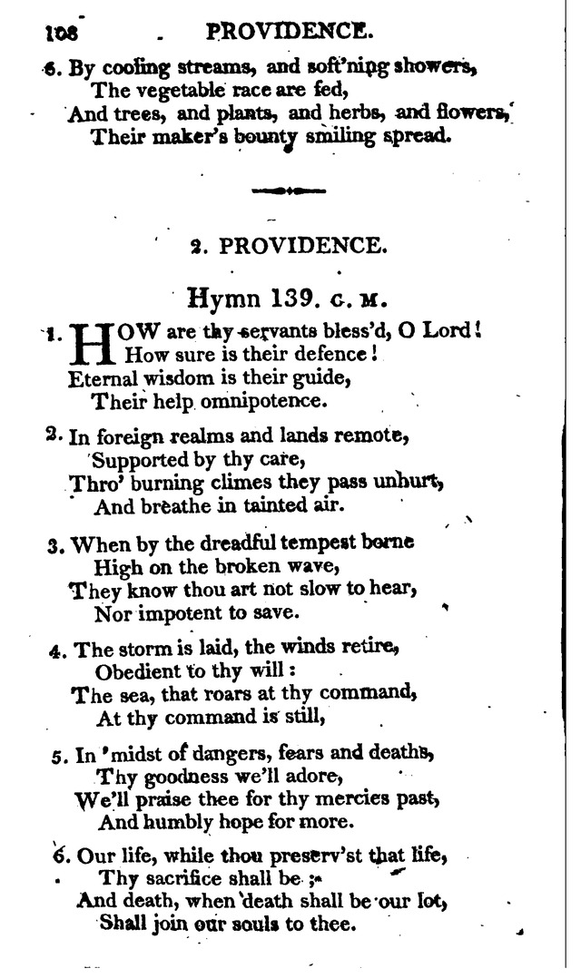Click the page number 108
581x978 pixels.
(x=62, y=33)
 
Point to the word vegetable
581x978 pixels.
(x=170, y=90)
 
